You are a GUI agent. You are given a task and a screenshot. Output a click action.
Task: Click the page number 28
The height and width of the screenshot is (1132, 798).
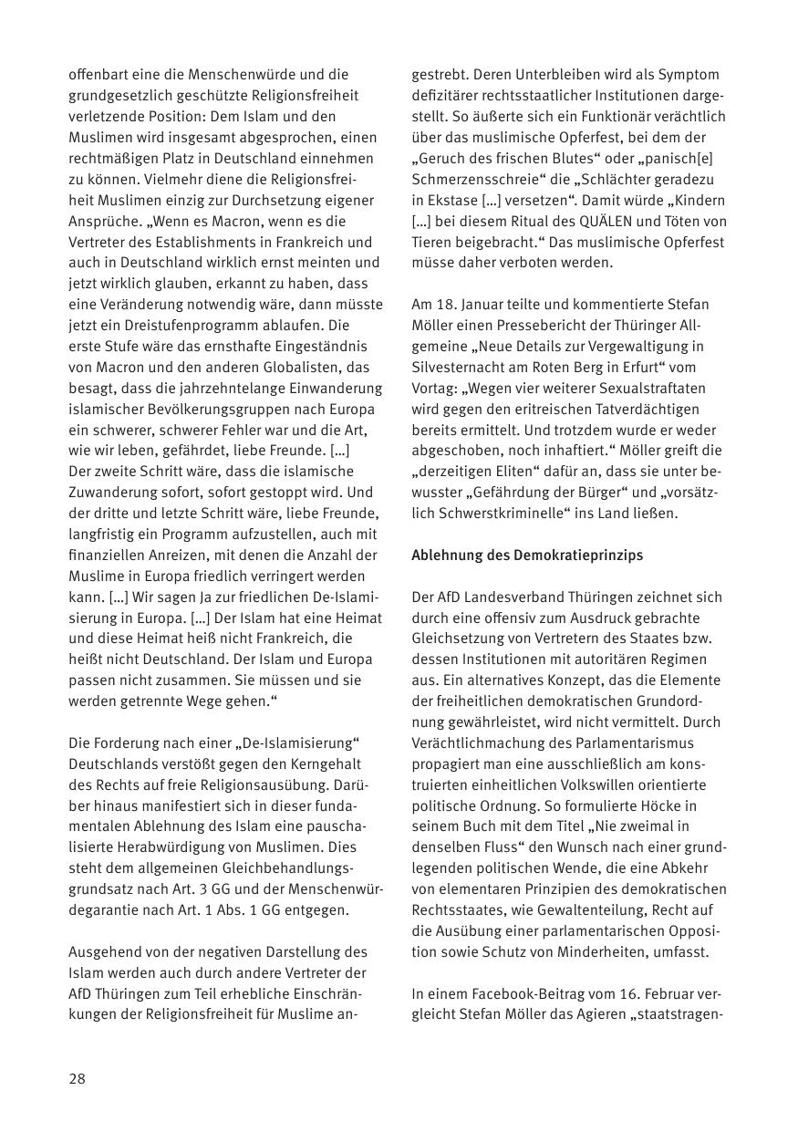[78, 1078]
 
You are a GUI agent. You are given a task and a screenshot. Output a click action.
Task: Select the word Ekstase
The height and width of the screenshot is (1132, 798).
[453, 200]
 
